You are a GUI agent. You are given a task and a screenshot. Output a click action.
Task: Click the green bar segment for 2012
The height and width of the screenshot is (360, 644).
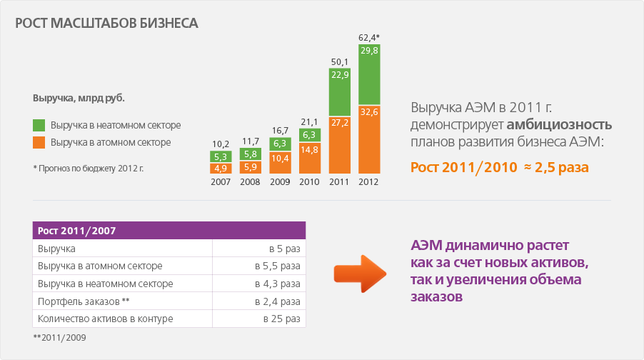pyautogui.click(x=369, y=75)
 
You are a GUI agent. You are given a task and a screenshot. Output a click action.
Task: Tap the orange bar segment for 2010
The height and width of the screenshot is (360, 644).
pyautogui.click(x=309, y=158)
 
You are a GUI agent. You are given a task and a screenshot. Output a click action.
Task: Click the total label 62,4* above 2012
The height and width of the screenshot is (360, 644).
pyautogui.click(x=368, y=37)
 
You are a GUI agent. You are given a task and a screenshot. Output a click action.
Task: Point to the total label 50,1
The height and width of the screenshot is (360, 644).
pyautogui.click(x=339, y=61)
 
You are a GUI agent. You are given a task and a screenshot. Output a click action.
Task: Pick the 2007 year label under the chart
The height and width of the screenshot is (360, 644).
pyautogui.click(x=220, y=181)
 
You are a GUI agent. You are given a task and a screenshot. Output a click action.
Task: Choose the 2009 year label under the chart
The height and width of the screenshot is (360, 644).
pyautogui.click(x=279, y=181)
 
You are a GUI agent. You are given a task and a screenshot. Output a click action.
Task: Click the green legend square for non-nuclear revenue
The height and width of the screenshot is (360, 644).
pyautogui.click(x=39, y=125)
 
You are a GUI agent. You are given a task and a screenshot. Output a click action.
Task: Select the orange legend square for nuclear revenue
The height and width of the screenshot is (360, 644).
pyautogui.click(x=39, y=142)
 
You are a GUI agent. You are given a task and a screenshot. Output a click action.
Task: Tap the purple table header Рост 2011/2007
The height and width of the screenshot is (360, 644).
pyautogui.click(x=169, y=231)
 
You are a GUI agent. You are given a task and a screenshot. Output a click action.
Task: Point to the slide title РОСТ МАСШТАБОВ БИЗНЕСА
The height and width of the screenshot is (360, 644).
pyautogui.click(x=106, y=23)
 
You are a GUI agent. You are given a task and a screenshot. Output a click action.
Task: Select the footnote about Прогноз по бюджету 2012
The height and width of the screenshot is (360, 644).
pyautogui.click(x=88, y=169)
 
